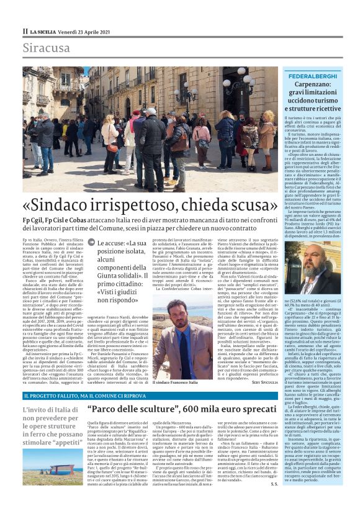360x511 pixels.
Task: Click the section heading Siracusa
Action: [46, 48]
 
